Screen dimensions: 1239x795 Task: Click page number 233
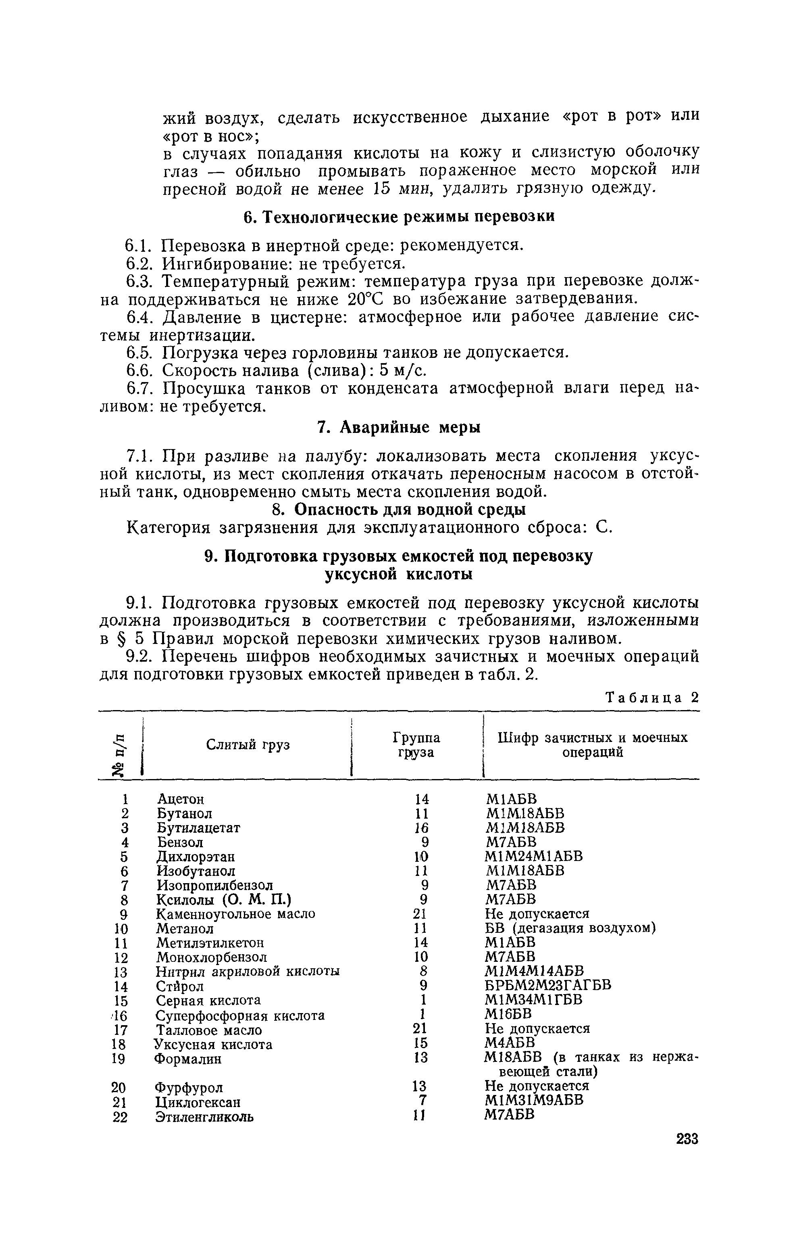(687, 1139)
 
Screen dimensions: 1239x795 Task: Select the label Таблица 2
(652, 698)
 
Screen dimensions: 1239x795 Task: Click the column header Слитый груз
(248, 745)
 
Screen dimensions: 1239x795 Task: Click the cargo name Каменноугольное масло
(235, 914)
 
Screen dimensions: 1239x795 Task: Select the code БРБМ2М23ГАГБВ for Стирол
(548, 985)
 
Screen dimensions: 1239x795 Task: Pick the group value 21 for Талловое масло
(421, 1028)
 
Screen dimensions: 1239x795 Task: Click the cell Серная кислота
(208, 1000)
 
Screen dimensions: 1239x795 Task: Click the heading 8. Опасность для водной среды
(399, 509)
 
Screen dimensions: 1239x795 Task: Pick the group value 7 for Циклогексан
(425, 1101)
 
